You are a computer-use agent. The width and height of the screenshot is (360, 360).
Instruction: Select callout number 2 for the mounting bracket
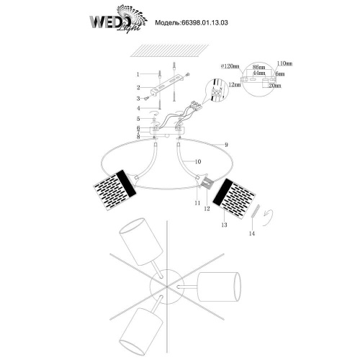coord(138,86)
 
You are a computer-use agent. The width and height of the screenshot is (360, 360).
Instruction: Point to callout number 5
coord(138,119)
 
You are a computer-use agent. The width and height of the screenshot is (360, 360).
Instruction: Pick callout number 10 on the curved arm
coord(198,163)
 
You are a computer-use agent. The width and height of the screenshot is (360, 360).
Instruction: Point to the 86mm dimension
coord(250,68)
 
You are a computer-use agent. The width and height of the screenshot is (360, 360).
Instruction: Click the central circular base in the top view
coord(163,284)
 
